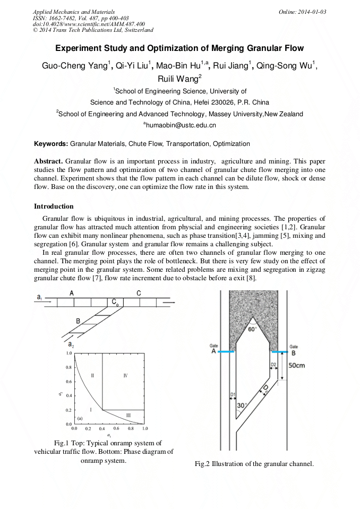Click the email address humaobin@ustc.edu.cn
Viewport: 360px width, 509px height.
point(181,125)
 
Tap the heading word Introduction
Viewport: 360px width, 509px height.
point(54,206)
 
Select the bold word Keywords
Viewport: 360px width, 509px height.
point(50,144)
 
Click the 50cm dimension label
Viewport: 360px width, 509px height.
point(297,366)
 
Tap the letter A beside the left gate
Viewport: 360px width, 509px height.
point(213,352)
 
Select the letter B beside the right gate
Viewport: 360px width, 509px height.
point(294,352)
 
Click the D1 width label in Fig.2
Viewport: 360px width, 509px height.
point(233,394)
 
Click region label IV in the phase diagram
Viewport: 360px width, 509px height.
point(125,375)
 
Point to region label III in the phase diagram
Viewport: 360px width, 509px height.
point(128,415)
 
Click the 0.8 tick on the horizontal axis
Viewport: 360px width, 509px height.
point(131,428)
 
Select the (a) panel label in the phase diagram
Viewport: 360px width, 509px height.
point(80,418)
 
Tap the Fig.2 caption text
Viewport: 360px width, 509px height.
point(254,464)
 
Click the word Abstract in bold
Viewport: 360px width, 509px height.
point(49,161)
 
